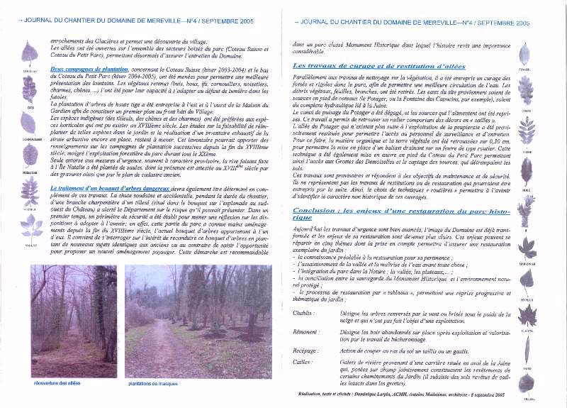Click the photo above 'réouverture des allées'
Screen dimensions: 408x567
pos(74,321)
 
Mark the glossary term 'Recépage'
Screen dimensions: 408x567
pos(305,350)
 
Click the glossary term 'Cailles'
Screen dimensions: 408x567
pos(303,362)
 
